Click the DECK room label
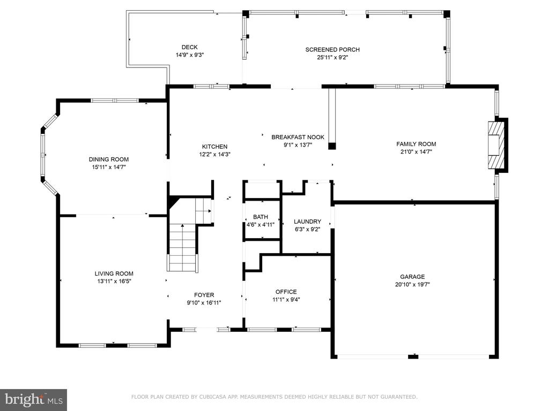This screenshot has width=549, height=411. pyautogui.click(x=189, y=47)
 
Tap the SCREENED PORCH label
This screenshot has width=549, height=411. pyautogui.click(x=332, y=50)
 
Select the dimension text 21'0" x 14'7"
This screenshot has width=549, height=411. pyautogui.click(x=416, y=151)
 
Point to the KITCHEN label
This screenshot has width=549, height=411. pyautogui.click(x=214, y=147)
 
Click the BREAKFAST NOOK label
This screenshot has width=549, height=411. pyautogui.click(x=298, y=138)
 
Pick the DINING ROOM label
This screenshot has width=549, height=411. pyautogui.click(x=108, y=159)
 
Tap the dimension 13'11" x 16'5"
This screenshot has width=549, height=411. pyautogui.click(x=114, y=281)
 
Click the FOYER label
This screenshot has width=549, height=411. pyautogui.click(x=204, y=295)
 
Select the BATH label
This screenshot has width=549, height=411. pyautogui.click(x=261, y=217)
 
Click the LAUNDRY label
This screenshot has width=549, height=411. pyautogui.click(x=307, y=222)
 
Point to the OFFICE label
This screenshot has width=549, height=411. pyautogui.click(x=286, y=292)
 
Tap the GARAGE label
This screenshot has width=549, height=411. pyautogui.click(x=412, y=277)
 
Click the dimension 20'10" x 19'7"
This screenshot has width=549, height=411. pyautogui.click(x=412, y=285)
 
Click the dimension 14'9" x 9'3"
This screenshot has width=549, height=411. pyautogui.click(x=190, y=55)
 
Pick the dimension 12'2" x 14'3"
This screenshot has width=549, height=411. pyautogui.click(x=214, y=155)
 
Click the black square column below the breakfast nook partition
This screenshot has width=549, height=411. pyautogui.click(x=332, y=146)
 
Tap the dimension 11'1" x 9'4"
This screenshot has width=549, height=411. pyautogui.click(x=286, y=300)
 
